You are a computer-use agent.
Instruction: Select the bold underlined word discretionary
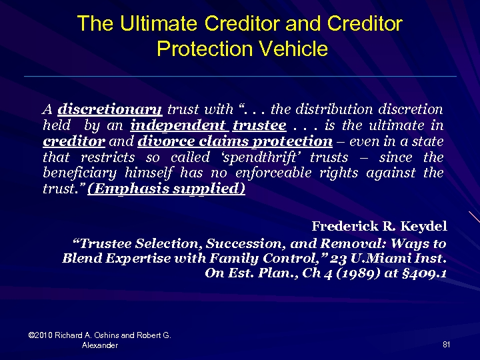[110, 109]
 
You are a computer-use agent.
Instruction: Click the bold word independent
[178, 125]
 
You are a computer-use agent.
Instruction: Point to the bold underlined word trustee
[260, 125]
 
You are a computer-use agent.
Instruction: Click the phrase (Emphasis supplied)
[166, 190]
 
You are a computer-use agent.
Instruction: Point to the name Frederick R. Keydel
[379, 226]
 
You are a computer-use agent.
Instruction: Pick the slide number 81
[446, 344]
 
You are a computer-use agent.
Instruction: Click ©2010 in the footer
[41, 335]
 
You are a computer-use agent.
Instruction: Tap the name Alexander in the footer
[100, 345]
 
